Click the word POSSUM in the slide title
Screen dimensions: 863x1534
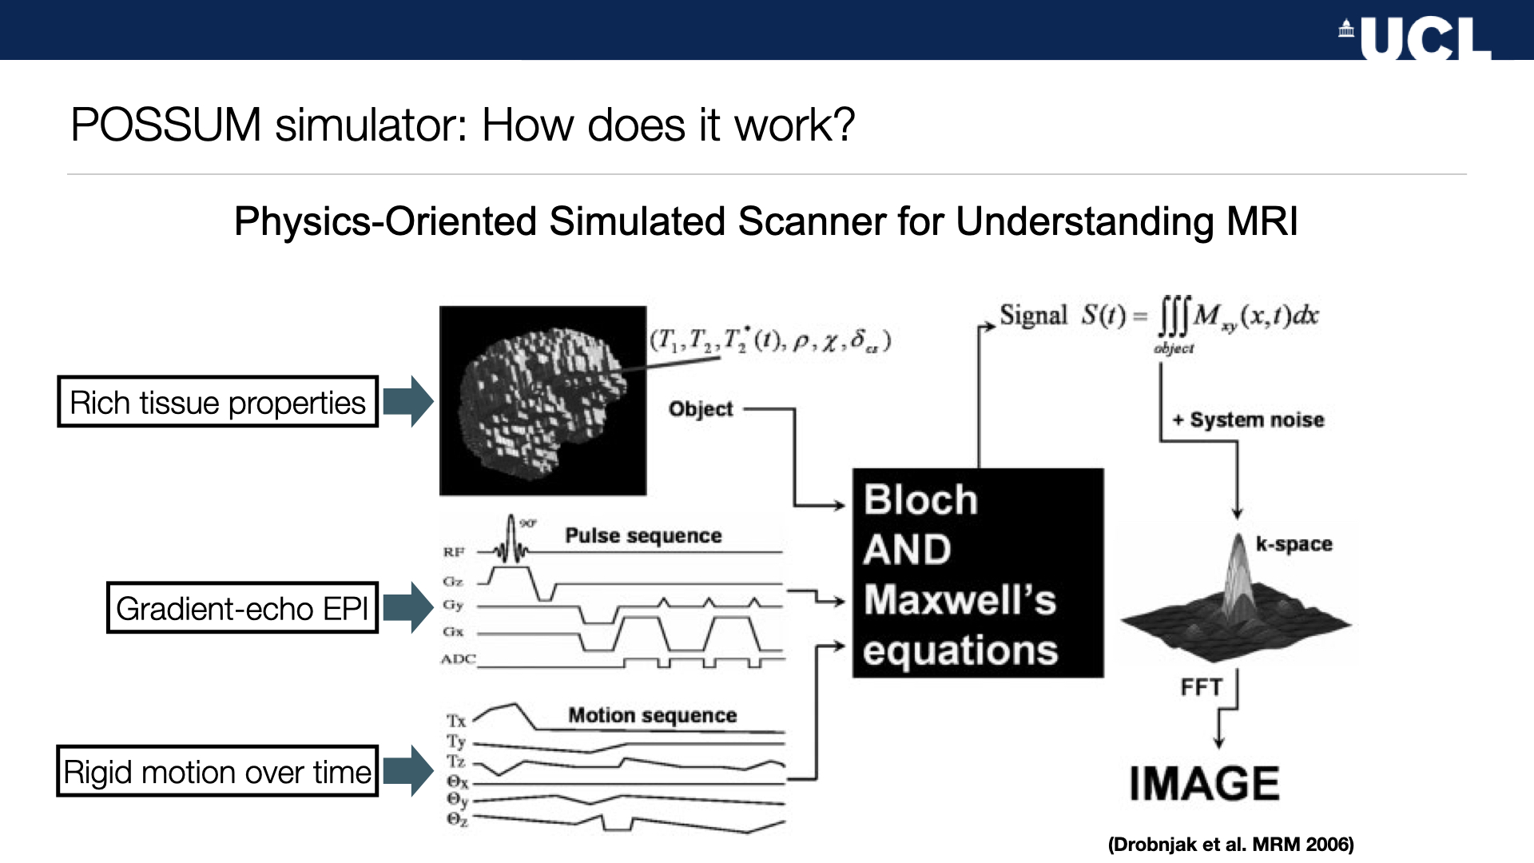pos(165,125)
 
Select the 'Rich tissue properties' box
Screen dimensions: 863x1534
pos(217,402)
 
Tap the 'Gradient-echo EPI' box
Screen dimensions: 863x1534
pos(242,608)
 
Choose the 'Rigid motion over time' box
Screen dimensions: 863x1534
pos(217,772)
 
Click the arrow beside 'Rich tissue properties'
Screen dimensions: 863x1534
pos(407,401)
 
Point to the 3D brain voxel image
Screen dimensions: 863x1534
pos(542,400)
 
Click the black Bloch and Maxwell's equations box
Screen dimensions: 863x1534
pos(977,573)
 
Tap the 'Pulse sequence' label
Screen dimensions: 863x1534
pos(643,535)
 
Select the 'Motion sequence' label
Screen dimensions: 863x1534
pos(652,715)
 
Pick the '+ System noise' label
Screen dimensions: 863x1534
pos(1249,420)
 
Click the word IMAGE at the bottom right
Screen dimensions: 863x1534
pos(1204,783)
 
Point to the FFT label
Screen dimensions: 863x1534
pos(1201,687)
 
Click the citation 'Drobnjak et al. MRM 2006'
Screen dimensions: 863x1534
pos(1230,845)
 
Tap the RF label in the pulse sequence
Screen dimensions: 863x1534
pos(454,551)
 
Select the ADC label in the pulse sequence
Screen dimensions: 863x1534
pos(458,659)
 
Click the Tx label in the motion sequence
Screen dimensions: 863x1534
pos(456,721)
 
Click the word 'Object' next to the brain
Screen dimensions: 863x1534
pos(701,409)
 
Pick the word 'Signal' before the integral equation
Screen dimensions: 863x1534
pos(1033,316)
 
